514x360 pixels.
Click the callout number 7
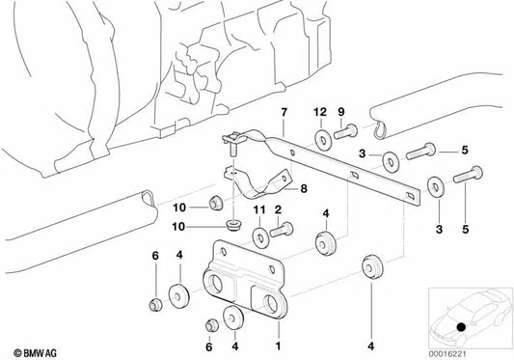click(x=284, y=112)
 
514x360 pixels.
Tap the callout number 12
click(x=320, y=112)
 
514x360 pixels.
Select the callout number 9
click(x=341, y=112)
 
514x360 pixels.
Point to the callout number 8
click(x=304, y=189)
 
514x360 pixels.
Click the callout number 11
click(x=259, y=209)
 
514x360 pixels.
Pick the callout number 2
click(x=278, y=209)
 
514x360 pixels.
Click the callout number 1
click(x=278, y=346)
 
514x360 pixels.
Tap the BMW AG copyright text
click(x=35, y=353)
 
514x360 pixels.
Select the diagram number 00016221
click(x=447, y=354)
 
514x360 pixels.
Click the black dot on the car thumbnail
click(x=461, y=327)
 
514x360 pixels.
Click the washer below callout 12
click(x=323, y=140)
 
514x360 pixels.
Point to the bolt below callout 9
click(x=345, y=131)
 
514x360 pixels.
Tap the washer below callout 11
click(x=261, y=237)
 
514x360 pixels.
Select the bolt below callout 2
click(x=282, y=230)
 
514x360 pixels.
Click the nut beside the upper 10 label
click(x=216, y=203)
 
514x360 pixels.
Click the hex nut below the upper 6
click(x=155, y=305)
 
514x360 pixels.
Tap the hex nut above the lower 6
click(x=211, y=324)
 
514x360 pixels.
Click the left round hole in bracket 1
click(x=216, y=283)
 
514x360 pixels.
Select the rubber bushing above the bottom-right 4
click(x=372, y=265)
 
